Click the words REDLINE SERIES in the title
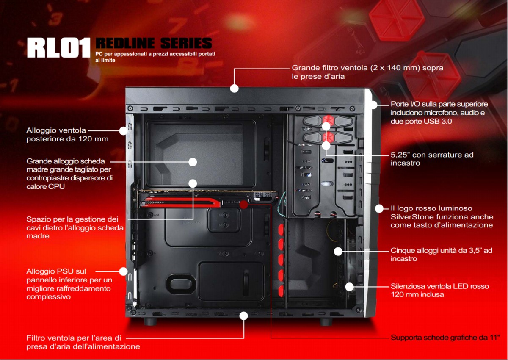[x=154, y=43]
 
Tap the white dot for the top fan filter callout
[x=234, y=89]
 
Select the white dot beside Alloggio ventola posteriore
[x=123, y=131]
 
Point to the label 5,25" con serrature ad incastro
[x=432, y=159]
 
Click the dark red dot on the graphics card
[x=243, y=205]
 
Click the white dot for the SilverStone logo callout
[x=379, y=208]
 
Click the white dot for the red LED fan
[x=349, y=287]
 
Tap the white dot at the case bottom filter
[x=243, y=315]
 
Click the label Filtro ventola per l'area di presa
[x=83, y=342]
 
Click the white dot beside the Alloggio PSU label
[x=123, y=271]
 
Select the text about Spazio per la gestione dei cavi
[x=75, y=227]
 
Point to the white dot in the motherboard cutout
[x=193, y=162]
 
